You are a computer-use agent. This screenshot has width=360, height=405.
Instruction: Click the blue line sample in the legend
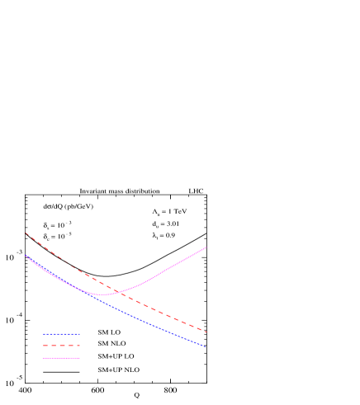[61, 334]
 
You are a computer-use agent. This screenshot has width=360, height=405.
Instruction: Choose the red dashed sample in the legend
[61, 346]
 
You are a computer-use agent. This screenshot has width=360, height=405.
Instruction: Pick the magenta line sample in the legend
[61, 358]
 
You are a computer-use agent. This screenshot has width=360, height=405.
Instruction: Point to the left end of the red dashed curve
[26, 233]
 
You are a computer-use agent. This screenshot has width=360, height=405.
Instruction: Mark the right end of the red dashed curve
[206, 332]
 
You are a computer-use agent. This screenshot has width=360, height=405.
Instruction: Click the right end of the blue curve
[206, 347]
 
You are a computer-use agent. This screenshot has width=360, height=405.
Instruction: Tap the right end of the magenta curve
[206, 247]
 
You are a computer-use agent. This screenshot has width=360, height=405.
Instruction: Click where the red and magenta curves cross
[121, 291]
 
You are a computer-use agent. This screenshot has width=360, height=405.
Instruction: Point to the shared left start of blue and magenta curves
[26, 256]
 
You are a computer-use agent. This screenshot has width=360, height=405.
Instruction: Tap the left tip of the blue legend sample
[43, 334]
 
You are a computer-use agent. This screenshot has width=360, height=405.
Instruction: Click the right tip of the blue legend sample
[80, 334]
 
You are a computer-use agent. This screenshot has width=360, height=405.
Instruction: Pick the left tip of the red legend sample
[43, 346]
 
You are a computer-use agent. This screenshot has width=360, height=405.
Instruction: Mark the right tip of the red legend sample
[80, 346]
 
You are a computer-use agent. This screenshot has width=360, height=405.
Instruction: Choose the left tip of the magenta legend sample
[43, 358]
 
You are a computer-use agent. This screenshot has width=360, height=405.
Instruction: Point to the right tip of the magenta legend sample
[80, 358]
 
